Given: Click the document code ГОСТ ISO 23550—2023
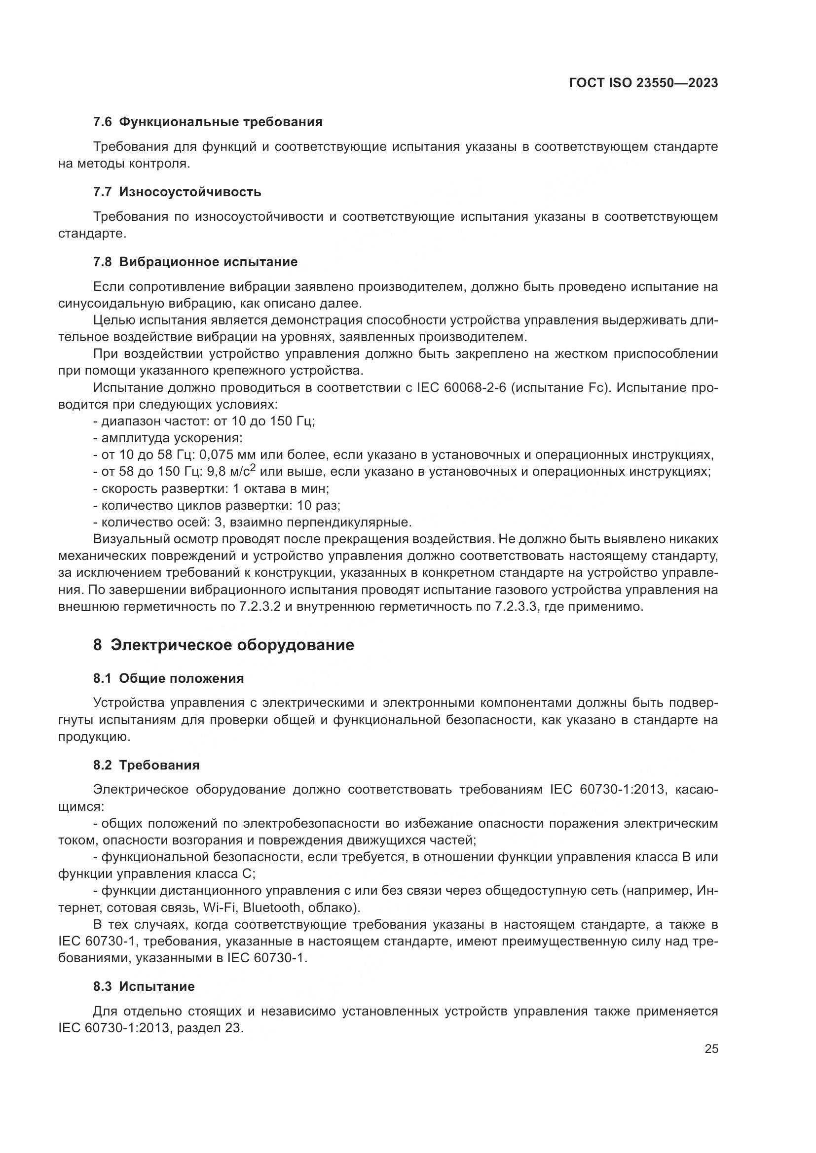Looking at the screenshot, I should click(x=643, y=83).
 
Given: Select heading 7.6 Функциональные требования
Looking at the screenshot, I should click(x=208, y=122).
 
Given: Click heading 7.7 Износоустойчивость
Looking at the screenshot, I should click(x=177, y=192).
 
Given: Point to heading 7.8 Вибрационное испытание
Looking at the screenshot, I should click(x=195, y=262).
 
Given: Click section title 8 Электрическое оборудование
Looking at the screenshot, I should click(x=223, y=645).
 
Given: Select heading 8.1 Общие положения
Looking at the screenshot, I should click(x=168, y=678).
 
